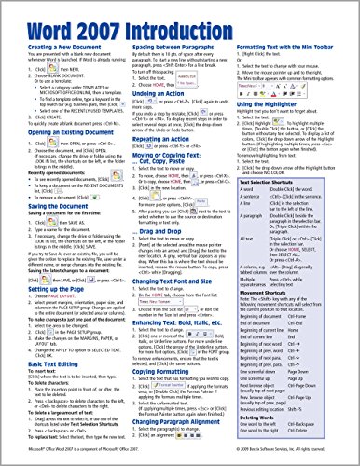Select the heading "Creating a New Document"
click(59, 48)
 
